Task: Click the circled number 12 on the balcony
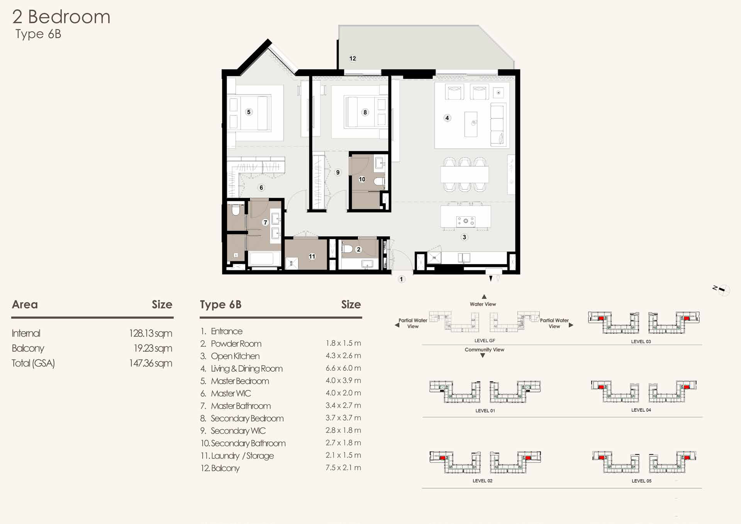point(353,58)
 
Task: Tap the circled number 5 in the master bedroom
point(249,112)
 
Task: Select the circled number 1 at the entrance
point(402,279)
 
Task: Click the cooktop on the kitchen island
point(466,221)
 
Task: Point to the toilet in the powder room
point(348,249)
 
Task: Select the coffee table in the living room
point(471,124)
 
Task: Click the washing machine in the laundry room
point(292,263)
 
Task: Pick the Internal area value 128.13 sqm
point(151,333)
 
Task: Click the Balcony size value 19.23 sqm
point(153,348)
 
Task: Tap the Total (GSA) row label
point(33,363)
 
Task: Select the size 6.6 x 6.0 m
point(343,368)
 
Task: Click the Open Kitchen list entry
point(235,356)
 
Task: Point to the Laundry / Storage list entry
point(242,456)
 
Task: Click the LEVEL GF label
point(485,341)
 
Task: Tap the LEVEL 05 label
point(641,481)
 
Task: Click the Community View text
point(484,349)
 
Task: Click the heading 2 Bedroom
point(61,17)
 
